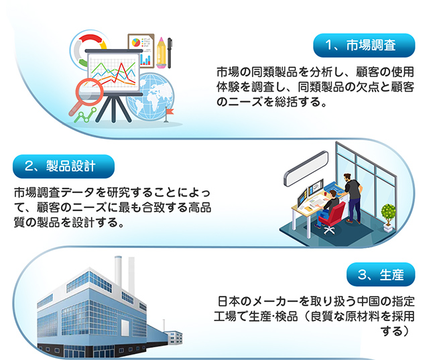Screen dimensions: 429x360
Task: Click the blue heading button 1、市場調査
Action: click(364, 46)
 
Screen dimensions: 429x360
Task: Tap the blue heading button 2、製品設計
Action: click(64, 166)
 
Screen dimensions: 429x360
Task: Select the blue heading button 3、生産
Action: click(381, 274)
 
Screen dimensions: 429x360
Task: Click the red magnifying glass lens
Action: click(89, 92)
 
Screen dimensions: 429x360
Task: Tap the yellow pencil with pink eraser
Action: click(161, 52)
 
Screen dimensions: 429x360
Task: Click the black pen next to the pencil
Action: click(170, 53)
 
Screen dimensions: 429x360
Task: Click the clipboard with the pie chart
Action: click(141, 50)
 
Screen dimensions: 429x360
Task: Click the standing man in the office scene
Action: click(353, 198)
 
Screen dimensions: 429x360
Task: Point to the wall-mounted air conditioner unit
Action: click(306, 168)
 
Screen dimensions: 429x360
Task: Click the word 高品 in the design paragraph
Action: click(200, 208)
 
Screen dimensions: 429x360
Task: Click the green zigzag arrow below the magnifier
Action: click(86, 115)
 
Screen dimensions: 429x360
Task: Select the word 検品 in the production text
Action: click(286, 316)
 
